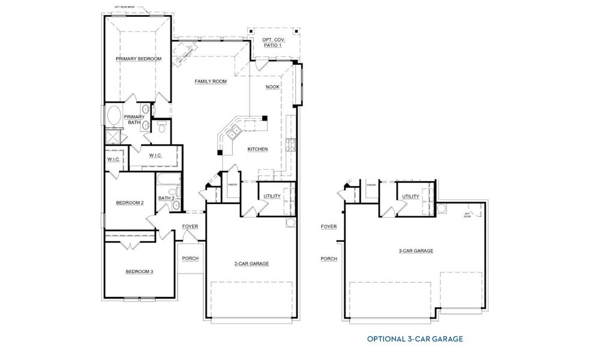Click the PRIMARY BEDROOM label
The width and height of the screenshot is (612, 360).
click(139, 59)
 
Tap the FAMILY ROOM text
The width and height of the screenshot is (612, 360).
click(210, 81)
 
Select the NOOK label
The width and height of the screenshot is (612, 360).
click(272, 86)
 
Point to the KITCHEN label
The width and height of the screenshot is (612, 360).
click(257, 149)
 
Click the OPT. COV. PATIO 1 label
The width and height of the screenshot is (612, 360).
click(273, 43)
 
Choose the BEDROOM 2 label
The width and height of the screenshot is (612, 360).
click(130, 203)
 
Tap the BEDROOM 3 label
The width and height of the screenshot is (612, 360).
click(139, 272)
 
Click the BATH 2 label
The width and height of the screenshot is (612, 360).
click(166, 198)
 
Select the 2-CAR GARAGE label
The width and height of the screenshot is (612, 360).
click(251, 263)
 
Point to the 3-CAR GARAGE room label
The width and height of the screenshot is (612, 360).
click(416, 251)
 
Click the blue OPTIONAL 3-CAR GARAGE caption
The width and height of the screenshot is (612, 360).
click(415, 339)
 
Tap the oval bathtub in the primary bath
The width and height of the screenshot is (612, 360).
click(113, 115)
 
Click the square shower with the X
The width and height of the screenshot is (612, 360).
click(112, 137)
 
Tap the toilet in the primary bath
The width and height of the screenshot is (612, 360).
click(162, 127)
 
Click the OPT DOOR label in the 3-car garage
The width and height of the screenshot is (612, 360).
click(467, 215)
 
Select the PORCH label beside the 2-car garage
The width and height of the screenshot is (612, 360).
click(190, 259)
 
